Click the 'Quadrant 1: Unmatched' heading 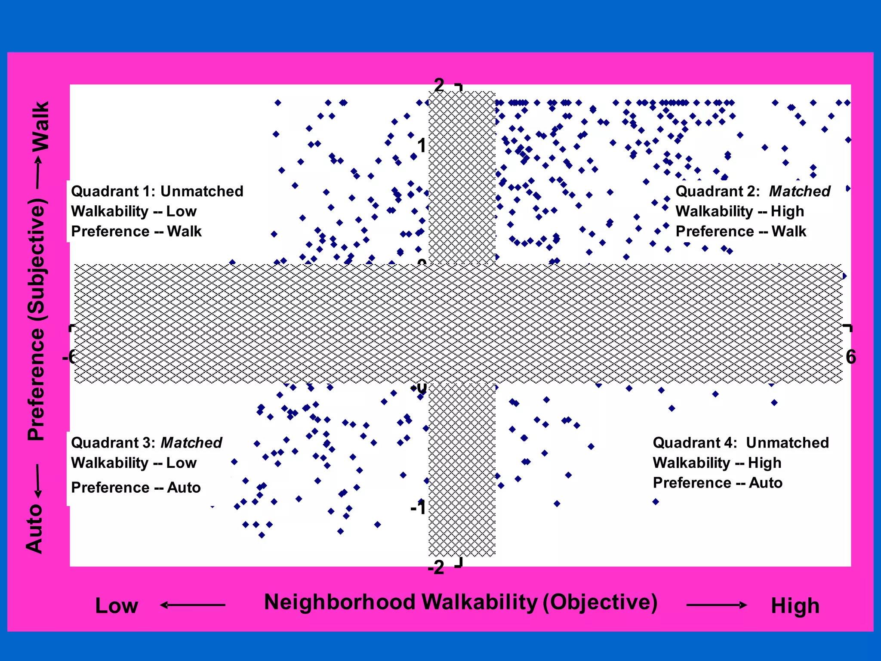[x=157, y=191]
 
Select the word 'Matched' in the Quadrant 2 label [x=799, y=191]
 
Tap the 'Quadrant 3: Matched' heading [x=146, y=442]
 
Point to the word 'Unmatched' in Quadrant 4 [x=787, y=442]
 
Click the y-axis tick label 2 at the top [x=439, y=85]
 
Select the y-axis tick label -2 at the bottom [x=436, y=568]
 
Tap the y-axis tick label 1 [x=422, y=145]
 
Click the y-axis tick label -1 [x=418, y=508]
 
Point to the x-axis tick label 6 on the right [x=850, y=357]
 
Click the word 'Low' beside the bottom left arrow [x=117, y=606]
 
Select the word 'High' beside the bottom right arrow [x=795, y=606]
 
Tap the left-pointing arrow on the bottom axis [x=192, y=605]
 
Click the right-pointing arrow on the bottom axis [x=717, y=605]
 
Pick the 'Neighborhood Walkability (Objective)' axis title [x=461, y=602]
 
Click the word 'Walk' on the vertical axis [x=41, y=127]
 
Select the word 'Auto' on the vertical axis [x=34, y=529]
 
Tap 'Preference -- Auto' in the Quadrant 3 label [x=136, y=488]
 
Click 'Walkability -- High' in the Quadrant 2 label [x=739, y=211]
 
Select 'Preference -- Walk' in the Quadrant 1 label [x=136, y=232]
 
